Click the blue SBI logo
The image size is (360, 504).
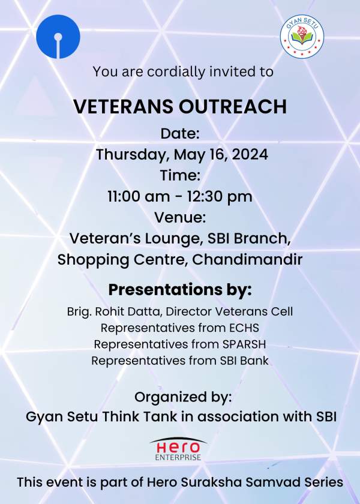point(58,37)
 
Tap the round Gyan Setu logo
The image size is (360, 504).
point(302,37)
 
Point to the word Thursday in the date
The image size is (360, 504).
point(133,155)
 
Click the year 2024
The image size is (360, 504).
point(250,154)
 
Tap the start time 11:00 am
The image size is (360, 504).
point(139,196)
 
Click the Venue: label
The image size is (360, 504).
point(180,217)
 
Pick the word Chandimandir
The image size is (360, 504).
point(247,259)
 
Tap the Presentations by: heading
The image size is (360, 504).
point(180,290)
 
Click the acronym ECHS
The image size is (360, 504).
point(244,328)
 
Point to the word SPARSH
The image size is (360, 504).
point(244,344)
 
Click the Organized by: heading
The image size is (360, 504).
point(183,397)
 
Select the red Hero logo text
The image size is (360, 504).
point(178,447)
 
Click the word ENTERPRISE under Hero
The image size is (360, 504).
point(178,457)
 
